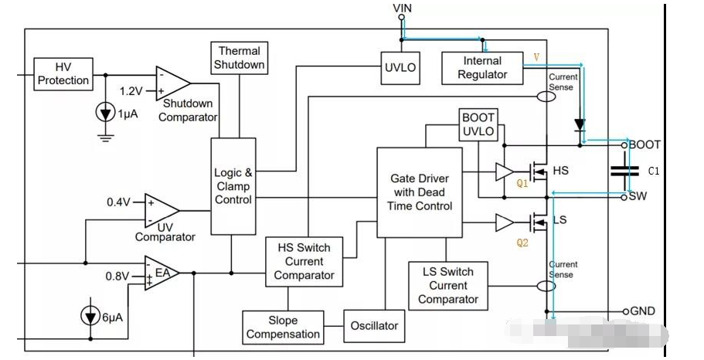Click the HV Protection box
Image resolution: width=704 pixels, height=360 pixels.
[63, 73]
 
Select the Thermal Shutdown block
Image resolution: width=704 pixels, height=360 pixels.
[240, 58]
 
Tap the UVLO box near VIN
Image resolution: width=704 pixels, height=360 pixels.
[400, 67]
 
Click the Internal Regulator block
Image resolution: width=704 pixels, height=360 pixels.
[482, 67]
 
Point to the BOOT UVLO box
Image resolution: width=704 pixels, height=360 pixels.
[478, 124]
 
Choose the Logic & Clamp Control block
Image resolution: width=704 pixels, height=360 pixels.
[233, 186]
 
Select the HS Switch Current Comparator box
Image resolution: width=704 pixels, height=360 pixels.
[304, 261]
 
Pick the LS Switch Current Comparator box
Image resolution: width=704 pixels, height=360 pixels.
[448, 285]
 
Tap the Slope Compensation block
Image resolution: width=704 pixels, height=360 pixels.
[283, 328]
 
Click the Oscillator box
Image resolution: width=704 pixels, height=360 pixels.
[373, 325]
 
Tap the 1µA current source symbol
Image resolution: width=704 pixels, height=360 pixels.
[105, 113]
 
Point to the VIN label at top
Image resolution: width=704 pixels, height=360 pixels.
[403, 8]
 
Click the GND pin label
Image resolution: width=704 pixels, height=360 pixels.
[642, 311]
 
